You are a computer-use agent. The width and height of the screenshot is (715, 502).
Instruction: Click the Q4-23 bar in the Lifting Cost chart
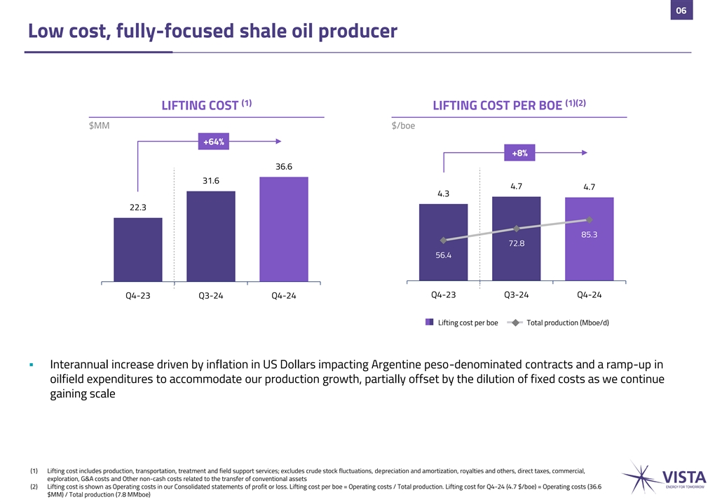coord(138,249)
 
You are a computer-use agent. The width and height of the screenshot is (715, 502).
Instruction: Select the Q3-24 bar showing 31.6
coord(211,236)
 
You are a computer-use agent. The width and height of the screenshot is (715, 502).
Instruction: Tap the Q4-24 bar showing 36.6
coord(283,229)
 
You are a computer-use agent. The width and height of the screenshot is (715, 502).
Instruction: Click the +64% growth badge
coord(214,142)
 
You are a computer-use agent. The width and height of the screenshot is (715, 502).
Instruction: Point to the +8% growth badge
coord(519,153)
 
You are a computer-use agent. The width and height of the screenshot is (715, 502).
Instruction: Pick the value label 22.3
coord(138,207)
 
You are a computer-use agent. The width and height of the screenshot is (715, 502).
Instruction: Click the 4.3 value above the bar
coord(443,194)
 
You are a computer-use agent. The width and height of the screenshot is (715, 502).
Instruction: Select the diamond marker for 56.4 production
coord(443,240)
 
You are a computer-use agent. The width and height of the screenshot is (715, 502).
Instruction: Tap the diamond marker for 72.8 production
coord(517,229)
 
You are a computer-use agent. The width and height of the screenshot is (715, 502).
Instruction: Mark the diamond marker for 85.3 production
coord(590,220)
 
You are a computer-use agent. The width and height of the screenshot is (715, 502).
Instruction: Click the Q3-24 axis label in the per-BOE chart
coord(517,294)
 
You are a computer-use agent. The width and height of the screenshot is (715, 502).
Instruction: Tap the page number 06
coord(681,10)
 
